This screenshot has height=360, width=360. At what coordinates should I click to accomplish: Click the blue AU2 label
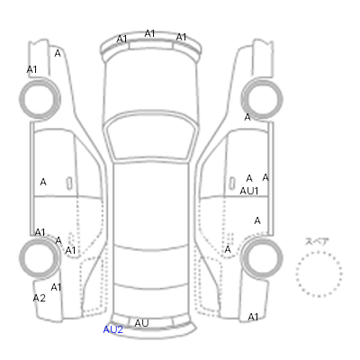[x=112, y=329]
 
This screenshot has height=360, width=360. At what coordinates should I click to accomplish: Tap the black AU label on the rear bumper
[x=141, y=323]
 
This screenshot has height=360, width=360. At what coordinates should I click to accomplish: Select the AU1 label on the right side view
[x=249, y=191]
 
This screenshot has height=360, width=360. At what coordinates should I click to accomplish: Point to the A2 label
[x=40, y=298]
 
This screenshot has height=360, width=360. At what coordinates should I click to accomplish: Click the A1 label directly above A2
[x=56, y=287]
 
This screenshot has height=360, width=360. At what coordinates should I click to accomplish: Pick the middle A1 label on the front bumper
[x=149, y=33]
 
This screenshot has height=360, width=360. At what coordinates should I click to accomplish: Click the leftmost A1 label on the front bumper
[x=121, y=39]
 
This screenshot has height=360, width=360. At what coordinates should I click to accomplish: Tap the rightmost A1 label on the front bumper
[x=181, y=37]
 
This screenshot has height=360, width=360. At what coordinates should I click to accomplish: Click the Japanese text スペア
[x=317, y=241]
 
